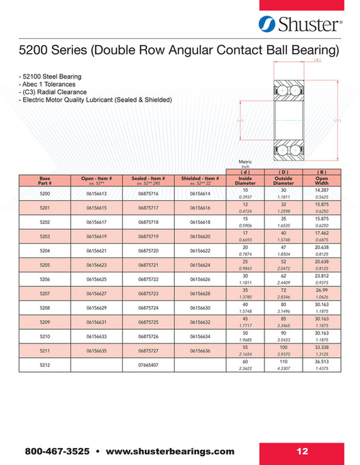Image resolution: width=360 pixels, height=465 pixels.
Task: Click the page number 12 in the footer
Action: click(x=303, y=451)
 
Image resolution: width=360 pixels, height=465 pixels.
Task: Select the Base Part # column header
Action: click(x=45, y=181)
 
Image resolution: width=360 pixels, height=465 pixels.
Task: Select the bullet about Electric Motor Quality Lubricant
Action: click(x=96, y=100)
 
